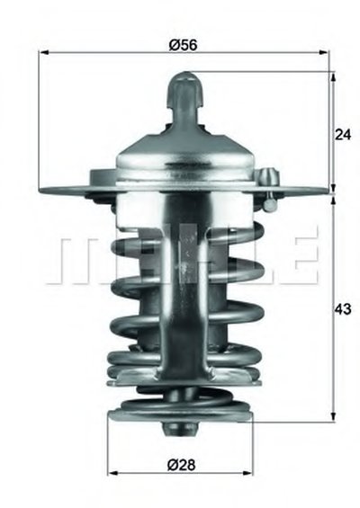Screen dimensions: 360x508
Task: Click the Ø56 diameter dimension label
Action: (x=183, y=45)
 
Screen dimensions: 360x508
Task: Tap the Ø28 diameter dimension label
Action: (x=181, y=465)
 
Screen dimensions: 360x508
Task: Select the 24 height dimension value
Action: (x=343, y=135)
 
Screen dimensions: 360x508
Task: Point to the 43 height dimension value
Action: (x=343, y=308)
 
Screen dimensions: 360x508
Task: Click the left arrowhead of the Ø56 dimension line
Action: (x=43, y=52)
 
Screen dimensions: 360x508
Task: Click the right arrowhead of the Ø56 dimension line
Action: (x=324, y=52)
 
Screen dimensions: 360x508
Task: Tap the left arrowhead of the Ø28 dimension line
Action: (x=112, y=473)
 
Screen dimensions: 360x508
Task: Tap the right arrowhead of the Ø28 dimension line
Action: (x=247, y=473)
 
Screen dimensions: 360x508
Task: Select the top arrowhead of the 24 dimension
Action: (x=333, y=76)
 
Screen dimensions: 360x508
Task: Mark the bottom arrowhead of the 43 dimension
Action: (x=333, y=417)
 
